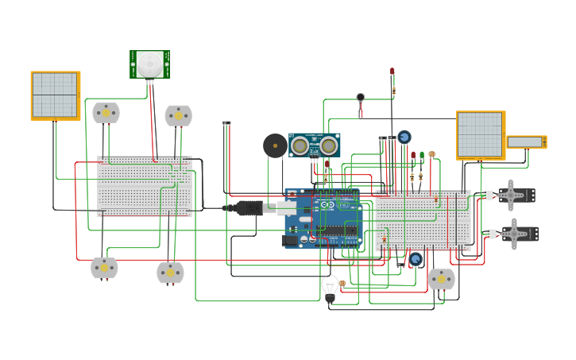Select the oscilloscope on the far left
click(55, 95)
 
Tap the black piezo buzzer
click(275, 145)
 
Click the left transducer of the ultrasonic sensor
click(300, 145)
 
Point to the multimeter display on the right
click(525, 141)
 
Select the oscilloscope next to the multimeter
click(480, 135)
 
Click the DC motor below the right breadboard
click(441, 279)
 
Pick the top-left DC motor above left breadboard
click(106, 113)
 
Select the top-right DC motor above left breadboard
click(178, 115)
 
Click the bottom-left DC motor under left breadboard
click(104, 268)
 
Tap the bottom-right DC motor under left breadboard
click(170, 273)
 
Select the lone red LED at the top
click(392, 72)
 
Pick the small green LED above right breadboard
click(421, 157)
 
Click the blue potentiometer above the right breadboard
click(404, 137)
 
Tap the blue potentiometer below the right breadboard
click(415, 260)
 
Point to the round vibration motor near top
click(361, 98)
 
